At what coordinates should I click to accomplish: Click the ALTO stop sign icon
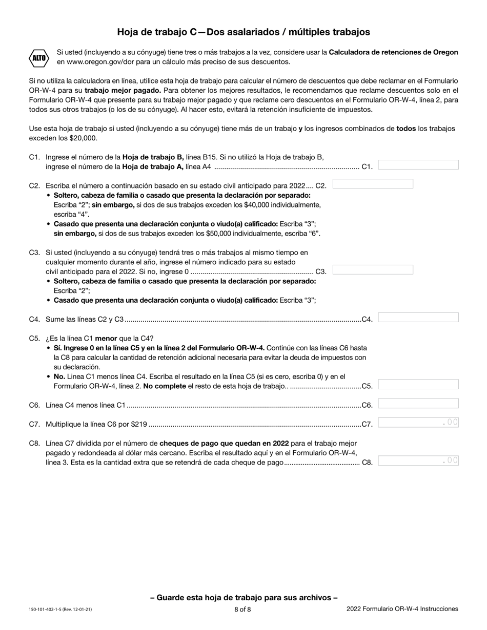click(x=39, y=57)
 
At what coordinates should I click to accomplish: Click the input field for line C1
click(x=418, y=165)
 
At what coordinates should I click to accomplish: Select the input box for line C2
click(x=373, y=184)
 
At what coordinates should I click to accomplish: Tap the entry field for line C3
click(x=373, y=270)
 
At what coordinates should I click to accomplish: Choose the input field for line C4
click(x=418, y=318)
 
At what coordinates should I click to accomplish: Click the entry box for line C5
click(x=418, y=385)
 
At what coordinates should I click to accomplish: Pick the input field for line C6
click(x=418, y=404)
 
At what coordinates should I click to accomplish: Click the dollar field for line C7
click(x=418, y=423)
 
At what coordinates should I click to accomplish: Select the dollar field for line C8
click(x=418, y=460)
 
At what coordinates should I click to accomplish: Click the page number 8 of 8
click(x=243, y=610)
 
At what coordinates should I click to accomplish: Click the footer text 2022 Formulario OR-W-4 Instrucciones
click(x=402, y=609)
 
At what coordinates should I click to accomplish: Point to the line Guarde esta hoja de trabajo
click(x=243, y=597)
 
